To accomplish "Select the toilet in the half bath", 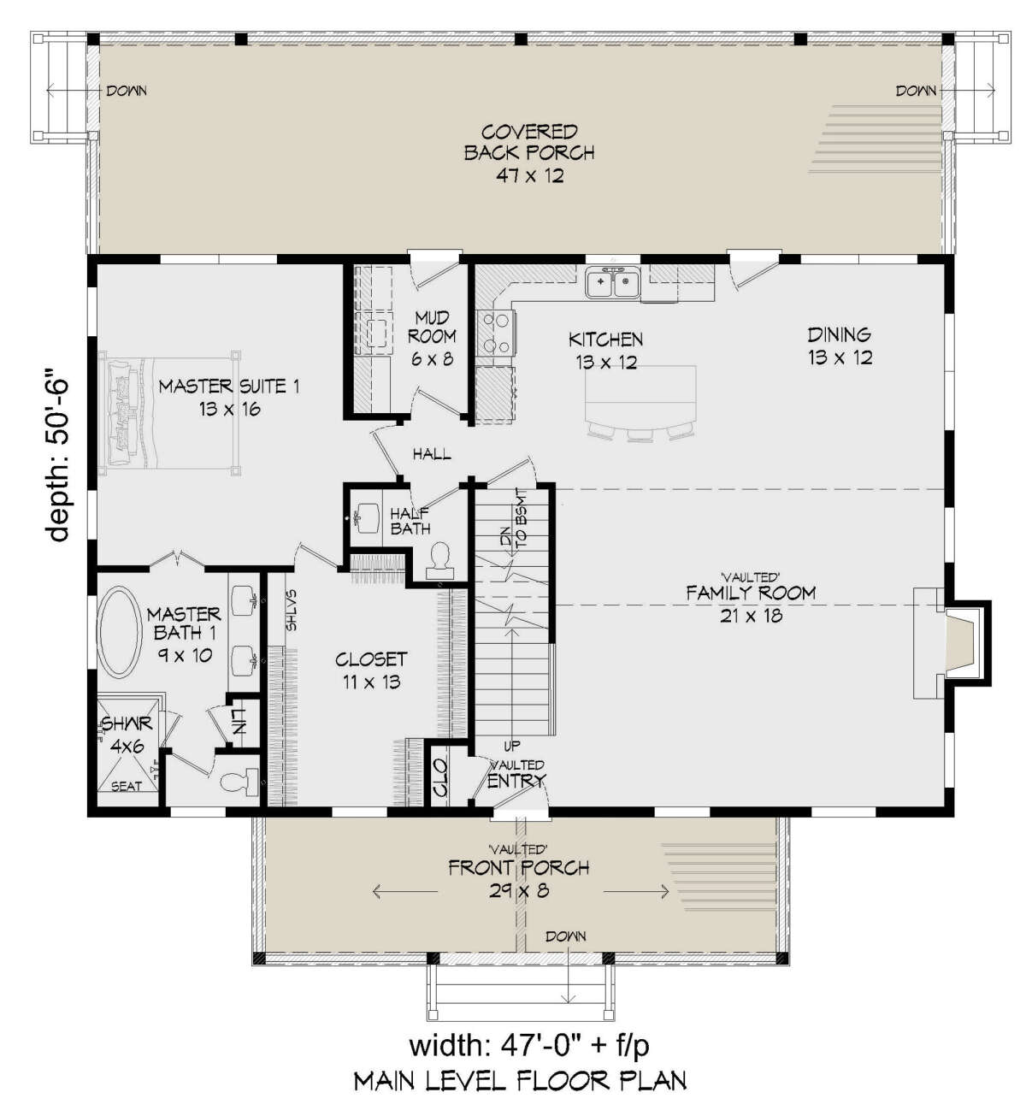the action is [x=439, y=561].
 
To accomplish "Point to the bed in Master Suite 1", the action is [x=169, y=414].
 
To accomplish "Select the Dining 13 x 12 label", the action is [x=840, y=346].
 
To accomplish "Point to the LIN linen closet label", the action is [x=239, y=721].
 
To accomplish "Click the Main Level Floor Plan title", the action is [x=520, y=1081].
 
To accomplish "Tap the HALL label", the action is [x=432, y=454].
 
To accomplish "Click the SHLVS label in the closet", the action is [x=291, y=610].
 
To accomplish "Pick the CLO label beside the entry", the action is [x=439, y=778].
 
